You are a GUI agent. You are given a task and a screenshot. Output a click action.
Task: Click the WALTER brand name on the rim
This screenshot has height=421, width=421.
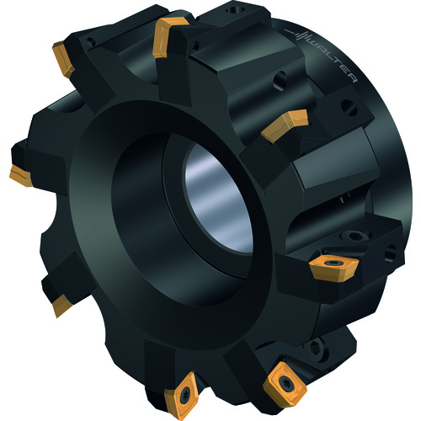(x=333, y=59)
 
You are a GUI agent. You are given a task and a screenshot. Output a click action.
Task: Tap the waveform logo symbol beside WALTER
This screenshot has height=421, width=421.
(x=297, y=35)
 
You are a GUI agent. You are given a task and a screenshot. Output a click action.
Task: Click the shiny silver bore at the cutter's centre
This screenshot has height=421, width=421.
(x=218, y=198)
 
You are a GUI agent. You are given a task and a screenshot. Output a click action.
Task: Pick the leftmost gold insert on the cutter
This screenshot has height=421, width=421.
(x=21, y=176)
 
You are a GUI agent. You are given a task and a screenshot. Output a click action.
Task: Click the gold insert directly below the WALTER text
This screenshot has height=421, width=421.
(x=285, y=125)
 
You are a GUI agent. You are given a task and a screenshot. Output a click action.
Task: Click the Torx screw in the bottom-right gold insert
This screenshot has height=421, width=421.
(x=285, y=381)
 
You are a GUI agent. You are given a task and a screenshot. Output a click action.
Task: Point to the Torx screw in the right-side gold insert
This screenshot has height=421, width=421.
(x=332, y=263)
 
